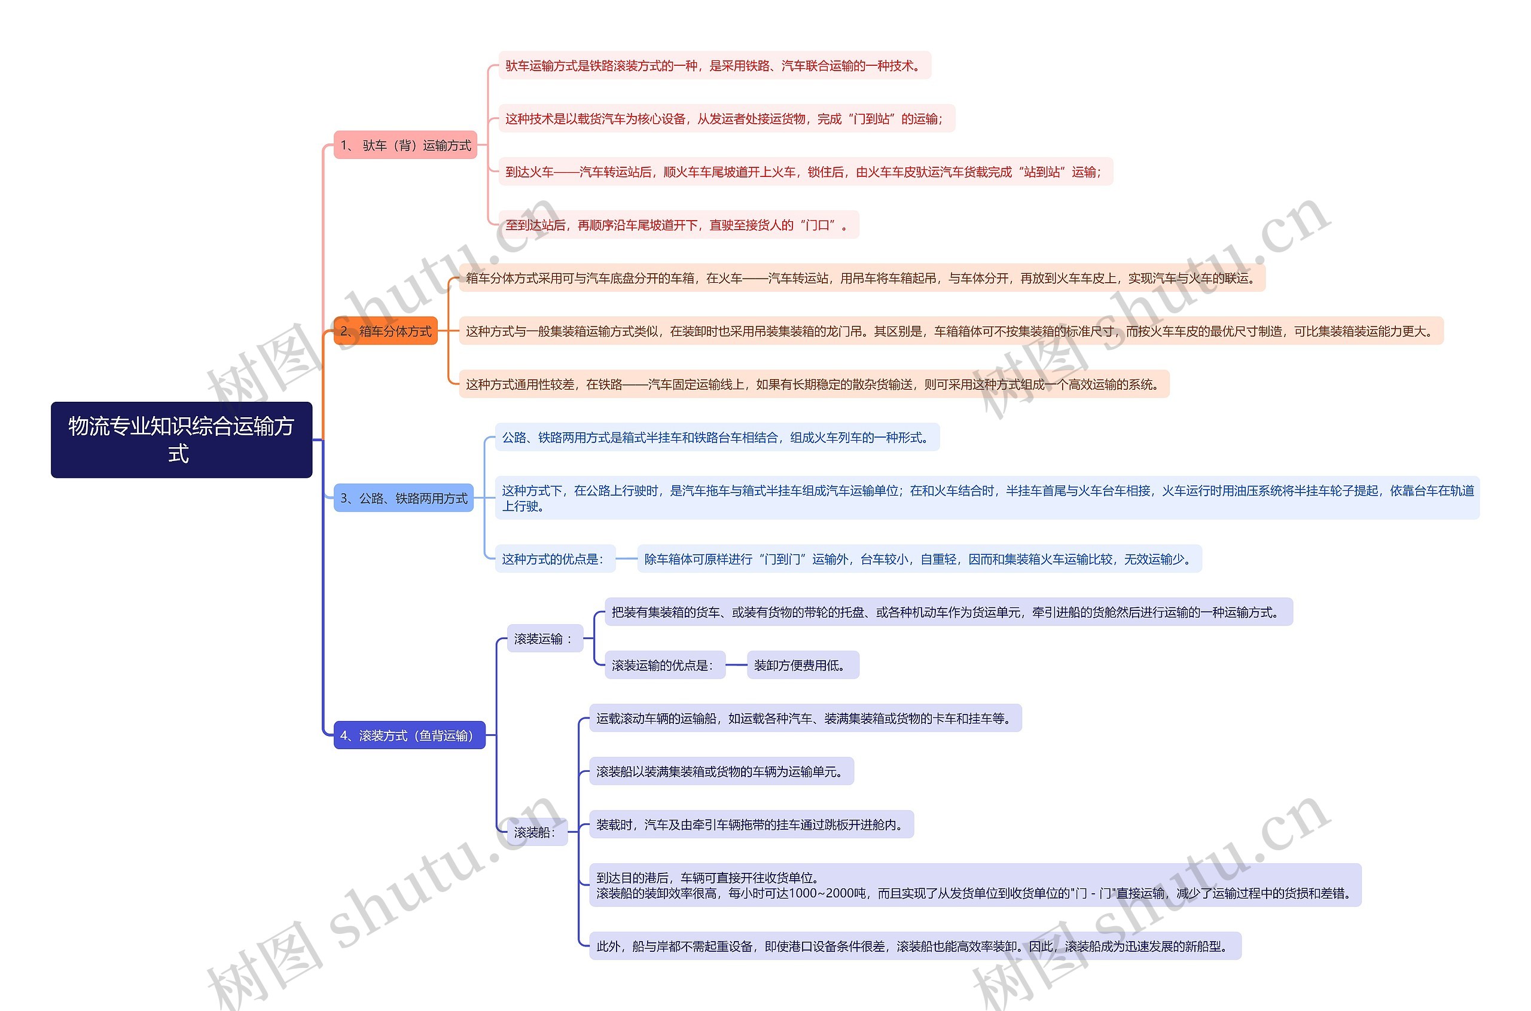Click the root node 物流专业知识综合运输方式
coord(181,439)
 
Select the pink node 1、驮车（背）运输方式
coord(405,145)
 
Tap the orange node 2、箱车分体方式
coord(385,331)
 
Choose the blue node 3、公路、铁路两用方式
coord(403,498)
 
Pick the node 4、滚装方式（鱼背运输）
coord(409,735)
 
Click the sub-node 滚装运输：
coord(544,639)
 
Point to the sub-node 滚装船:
coord(536,832)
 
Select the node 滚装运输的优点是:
coord(664,665)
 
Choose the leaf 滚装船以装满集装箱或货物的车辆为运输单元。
coord(721,771)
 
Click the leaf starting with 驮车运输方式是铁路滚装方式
coord(714,65)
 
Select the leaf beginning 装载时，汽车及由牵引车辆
coord(751,824)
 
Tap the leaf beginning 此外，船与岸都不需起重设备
coord(914,946)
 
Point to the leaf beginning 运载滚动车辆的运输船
coord(805,717)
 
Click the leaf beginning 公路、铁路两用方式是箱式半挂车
coord(716,437)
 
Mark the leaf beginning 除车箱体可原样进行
coord(919,558)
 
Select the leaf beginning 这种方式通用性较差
coord(813,384)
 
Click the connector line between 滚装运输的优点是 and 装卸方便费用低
coord(736,665)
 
